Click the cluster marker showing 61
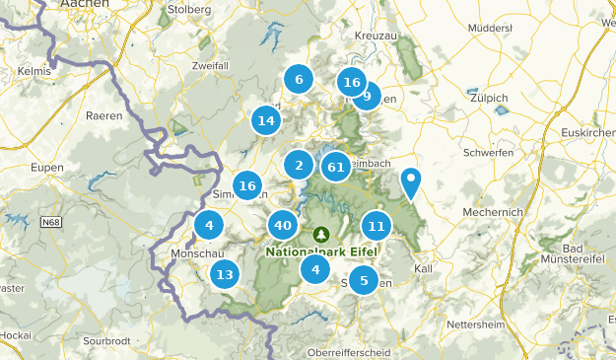[336, 167]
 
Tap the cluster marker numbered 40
[283, 226]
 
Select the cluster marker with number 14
[265, 121]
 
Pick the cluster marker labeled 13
[226, 275]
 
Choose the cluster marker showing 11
[376, 226]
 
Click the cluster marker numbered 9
[367, 96]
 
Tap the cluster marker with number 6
[298, 80]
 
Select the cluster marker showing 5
[364, 281]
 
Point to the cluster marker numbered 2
[299, 166]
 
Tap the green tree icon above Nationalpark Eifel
[321, 235]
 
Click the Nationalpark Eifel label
[321, 251]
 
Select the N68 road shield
[51, 223]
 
